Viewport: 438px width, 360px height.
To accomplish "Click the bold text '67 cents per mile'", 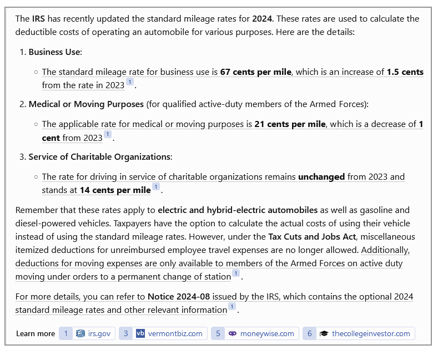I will click(x=256, y=72).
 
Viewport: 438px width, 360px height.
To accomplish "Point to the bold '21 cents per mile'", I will click(x=290, y=124).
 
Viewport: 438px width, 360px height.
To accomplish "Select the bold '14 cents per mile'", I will click(x=115, y=190).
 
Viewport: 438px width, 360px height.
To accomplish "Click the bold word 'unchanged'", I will click(x=321, y=177).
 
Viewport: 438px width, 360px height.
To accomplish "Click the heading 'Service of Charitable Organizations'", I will click(x=100, y=157).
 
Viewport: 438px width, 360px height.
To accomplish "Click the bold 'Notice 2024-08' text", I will click(x=178, y=297).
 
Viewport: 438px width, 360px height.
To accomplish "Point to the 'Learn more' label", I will click(x=36, y=333).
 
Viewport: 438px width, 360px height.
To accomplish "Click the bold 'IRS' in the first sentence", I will click(x=39, y=19).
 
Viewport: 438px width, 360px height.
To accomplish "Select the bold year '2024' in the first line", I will click(x=262, y=19).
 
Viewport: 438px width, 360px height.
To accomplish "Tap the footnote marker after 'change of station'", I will click(x=236, y=273).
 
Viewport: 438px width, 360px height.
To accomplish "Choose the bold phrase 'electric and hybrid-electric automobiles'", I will click(x=238, y=210).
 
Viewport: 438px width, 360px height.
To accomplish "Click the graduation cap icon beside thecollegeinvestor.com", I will click(x=324, y=333).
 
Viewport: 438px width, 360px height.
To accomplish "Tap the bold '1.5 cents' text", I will click(x=405, y=72).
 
